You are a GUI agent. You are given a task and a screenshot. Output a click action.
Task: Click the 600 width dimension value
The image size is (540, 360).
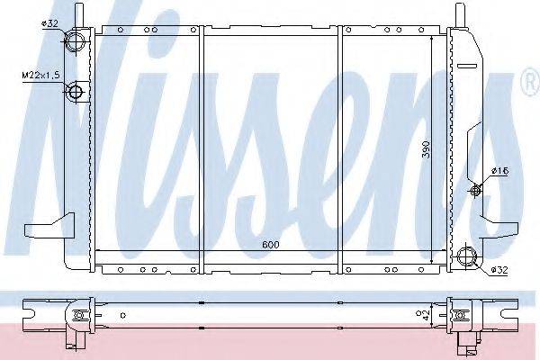click(271, 245)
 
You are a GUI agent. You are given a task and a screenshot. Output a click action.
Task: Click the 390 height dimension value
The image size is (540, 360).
click(427, 149)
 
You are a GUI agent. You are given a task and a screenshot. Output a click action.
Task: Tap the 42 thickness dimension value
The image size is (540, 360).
click(426, 315)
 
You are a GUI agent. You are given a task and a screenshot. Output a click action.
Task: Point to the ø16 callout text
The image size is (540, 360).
click(500, 171)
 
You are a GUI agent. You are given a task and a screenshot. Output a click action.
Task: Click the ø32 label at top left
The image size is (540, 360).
click(49, 23)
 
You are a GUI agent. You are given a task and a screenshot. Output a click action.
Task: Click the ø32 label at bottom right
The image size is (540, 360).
click(499, 270)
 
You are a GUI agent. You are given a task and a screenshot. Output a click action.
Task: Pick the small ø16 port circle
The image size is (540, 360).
click(475, 191)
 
